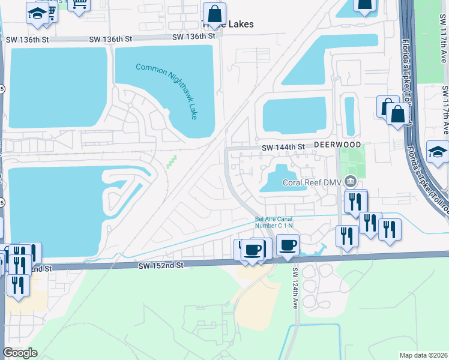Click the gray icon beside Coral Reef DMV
tap(352, 182)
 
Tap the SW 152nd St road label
tap(160, 265)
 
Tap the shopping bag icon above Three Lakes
tap(214, 13)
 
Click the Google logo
tap(20, 353)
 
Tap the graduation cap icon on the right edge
tap(437, 152)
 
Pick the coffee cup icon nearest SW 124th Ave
tap(288, 245)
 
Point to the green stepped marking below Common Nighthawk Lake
tap(173, 161)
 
